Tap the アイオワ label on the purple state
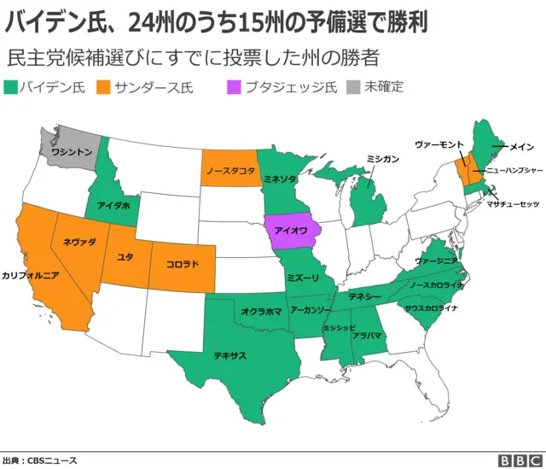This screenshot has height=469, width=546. [293, 231]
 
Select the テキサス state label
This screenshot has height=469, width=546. [230, 354]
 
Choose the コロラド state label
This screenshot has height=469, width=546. [183, 263]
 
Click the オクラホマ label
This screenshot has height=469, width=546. [261, 312]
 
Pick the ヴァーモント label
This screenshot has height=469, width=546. [439, 144]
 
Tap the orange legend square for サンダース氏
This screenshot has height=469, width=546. [104, 87]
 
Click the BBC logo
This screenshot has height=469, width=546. [517, 460]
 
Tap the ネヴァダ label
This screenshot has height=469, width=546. [79, 243]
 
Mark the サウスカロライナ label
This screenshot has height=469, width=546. [431, 308]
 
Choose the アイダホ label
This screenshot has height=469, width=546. [113, 205]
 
